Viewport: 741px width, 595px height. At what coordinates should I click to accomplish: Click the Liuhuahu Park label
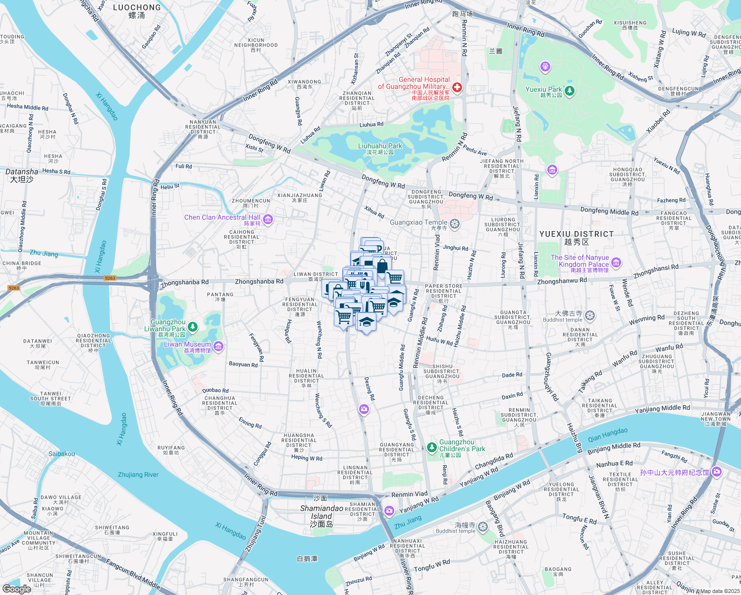380,146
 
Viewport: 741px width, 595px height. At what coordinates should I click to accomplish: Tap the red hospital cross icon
457,88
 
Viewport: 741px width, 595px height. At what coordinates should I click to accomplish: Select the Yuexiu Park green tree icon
570,90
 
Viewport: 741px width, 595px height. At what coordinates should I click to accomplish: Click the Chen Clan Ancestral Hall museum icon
268,219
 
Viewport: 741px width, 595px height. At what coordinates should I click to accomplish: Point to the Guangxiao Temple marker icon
455,224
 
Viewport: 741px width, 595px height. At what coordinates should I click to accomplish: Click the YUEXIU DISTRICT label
576,234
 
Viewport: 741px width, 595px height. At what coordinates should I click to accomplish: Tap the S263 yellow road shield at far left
14,288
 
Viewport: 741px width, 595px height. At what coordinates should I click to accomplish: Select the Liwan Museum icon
218,346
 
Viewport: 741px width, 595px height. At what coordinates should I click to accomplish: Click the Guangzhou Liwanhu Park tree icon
193,326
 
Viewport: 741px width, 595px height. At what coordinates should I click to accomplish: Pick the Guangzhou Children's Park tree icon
432,447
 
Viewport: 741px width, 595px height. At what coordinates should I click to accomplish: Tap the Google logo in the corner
16,589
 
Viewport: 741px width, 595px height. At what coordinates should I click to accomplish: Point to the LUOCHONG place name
137,7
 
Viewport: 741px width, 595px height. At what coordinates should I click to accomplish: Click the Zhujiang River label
138,475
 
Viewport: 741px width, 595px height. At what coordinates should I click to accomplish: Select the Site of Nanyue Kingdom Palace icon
616,262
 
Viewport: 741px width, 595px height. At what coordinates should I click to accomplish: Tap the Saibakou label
62,454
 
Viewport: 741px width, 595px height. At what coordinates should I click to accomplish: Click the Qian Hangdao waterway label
607,435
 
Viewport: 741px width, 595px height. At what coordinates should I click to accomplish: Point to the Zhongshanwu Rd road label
562,281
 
